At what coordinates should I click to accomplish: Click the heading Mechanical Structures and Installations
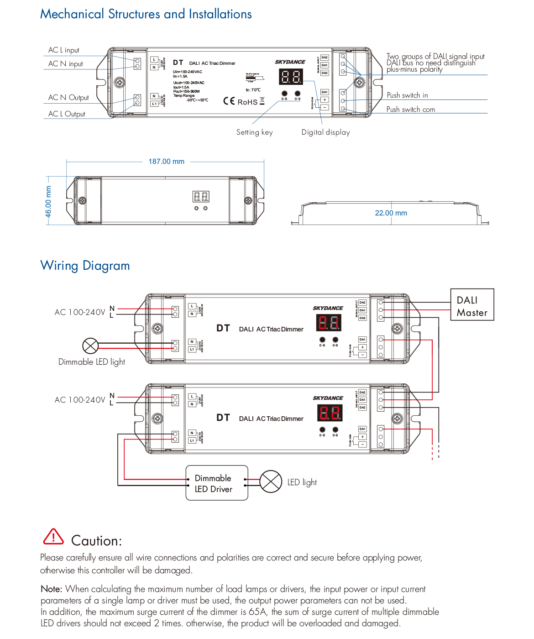[x=146, y=14]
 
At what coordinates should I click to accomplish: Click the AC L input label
[x=64, y=50]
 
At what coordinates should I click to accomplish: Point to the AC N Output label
[x=68, y=98]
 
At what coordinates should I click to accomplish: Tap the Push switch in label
[x=407, y=95]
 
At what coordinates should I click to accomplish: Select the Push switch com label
[x=410, y=110]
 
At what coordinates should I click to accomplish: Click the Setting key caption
[x=254, y=132]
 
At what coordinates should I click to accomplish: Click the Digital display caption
[x=325, y=132]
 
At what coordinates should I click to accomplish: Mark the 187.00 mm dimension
[x=166, y=162]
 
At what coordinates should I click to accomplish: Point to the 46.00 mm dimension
[x=48, y=202]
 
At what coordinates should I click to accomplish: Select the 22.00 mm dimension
[x=391, y=213]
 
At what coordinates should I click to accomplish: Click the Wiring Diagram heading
[x=85, y=266]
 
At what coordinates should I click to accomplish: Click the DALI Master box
[x=472, y=306]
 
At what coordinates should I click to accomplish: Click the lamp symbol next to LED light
[x=271, y=482]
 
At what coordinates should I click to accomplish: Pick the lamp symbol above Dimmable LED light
[x=90, y=346]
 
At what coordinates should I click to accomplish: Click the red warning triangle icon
[x=53, y=537]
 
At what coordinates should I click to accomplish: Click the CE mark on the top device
[x=229, y=101]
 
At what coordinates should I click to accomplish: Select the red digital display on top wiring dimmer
[x=328, y=323]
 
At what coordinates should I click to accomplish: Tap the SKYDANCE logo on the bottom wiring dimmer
[x=328, y=398]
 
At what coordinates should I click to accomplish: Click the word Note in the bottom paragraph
[x=51, y=589]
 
